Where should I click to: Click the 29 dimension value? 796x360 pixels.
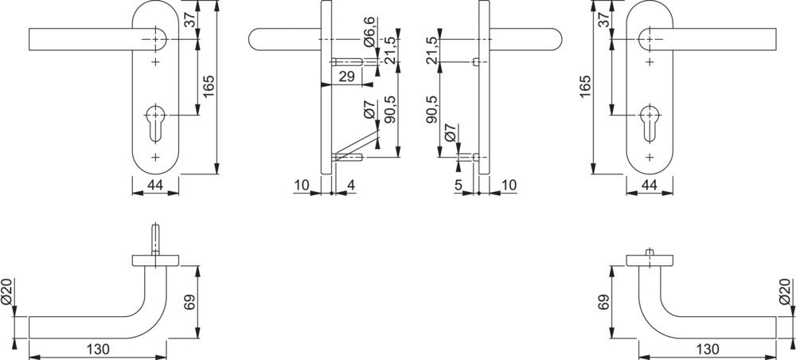click(x=345, y=77)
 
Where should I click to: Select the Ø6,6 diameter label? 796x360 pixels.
click(x=369, y=33)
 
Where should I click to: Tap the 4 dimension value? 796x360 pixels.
click(x=350, y=186)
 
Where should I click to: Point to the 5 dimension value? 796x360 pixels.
click(x=458, y=186)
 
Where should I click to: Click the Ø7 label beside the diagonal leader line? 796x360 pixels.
click(x=369, y=110)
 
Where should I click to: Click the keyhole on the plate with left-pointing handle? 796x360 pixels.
click(x=155, y=123)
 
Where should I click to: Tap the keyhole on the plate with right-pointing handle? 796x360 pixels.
click(x=650, y=123)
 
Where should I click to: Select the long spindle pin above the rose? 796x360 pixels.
click(x=155, y=239)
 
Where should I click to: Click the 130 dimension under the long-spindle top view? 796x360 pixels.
click(x=98, y=350)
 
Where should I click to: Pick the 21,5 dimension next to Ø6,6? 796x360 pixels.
click(x=390, y=51)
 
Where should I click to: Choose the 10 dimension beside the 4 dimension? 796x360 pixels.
click(x=302, y=186)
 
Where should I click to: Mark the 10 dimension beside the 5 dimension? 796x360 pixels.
click(x=508, y=186)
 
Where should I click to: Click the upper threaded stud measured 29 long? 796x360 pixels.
click(x=347, y=62)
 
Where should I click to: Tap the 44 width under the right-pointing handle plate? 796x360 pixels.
click(x=650, y=186)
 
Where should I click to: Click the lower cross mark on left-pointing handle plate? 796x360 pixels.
click(x=155, y=157)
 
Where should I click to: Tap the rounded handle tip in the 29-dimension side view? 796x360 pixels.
click(x=253, y=40)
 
